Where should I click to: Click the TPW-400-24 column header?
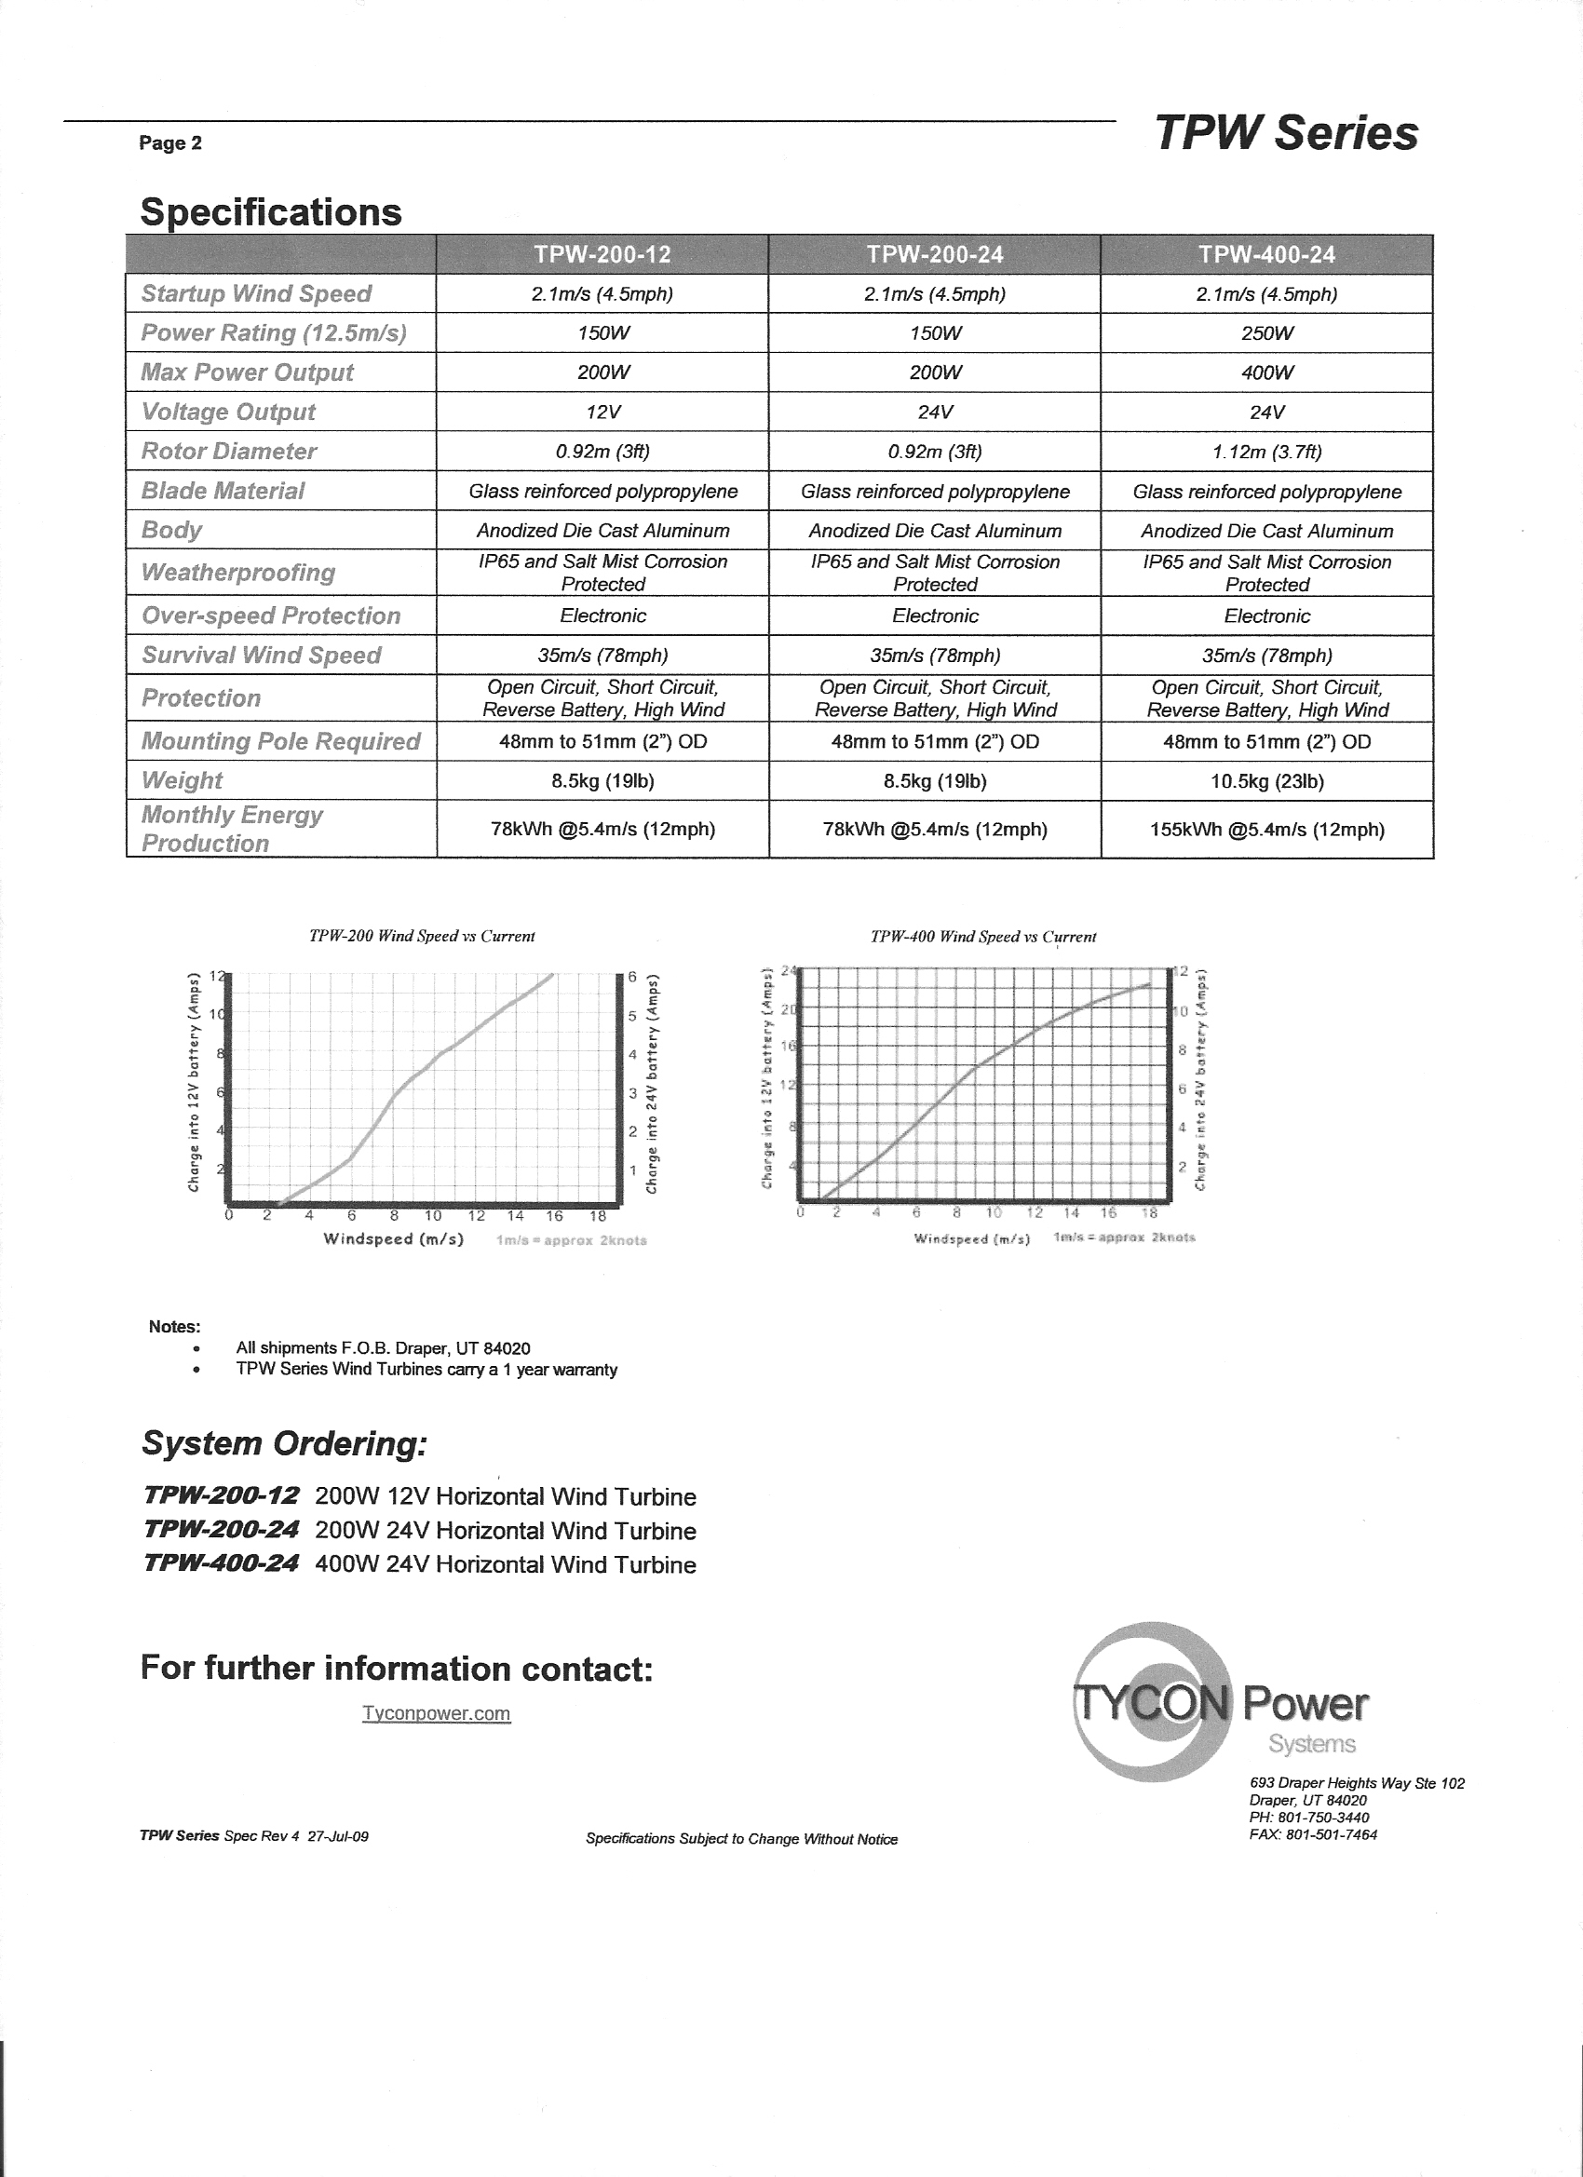click(x=1266, y=254)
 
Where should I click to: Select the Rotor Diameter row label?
click(x=228, y=452)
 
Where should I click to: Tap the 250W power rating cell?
click(x=1266, y=333)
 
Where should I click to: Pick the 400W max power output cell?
click(x=1266, y=372)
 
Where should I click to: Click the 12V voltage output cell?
click(x=602, y=412)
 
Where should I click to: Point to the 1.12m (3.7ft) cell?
click(x=1266, y=452)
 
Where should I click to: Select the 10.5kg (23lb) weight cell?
click(x=1266, y=781)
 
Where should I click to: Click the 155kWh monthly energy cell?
click(x=1266, y=830)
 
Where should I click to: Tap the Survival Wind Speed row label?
click(x=261, y=655)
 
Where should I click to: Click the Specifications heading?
click(x=271, y=212)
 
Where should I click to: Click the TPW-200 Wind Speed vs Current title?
click(x=422, y=936)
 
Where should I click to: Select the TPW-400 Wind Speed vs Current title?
click(x=982, y=937)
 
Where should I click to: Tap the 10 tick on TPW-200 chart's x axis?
click(x=433, y=1216)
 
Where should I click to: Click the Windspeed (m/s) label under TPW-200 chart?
click(x=394, y=1239)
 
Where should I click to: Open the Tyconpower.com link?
click(x=436, y=1713)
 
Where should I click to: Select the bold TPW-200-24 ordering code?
click(x=221, y=1530)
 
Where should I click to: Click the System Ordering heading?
click(x=284, y=1443)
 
